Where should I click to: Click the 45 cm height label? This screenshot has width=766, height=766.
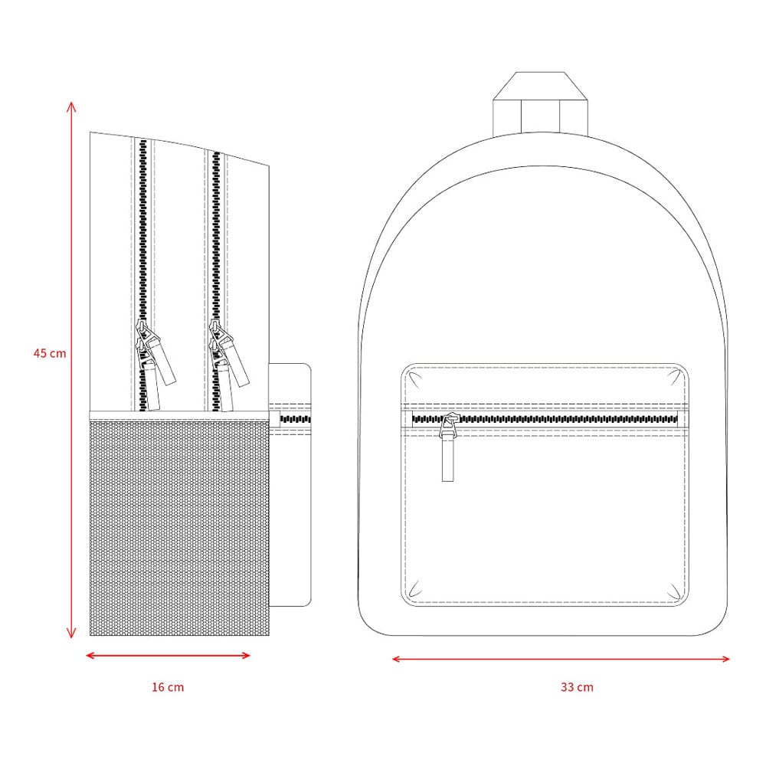point(50,353)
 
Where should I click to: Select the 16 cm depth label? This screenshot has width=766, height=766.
point(168,687)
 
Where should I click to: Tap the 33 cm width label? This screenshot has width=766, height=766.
point(577,687)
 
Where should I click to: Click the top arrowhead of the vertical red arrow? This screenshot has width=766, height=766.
point(71,106)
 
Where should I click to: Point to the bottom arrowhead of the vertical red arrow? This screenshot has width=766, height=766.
point(71,633)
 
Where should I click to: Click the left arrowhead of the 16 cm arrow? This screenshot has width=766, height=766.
point(90,655)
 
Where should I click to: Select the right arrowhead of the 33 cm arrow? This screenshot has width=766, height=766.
point(725,659)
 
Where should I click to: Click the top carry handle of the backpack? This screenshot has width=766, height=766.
point(540,103)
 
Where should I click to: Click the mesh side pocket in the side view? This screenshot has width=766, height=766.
point(179,529)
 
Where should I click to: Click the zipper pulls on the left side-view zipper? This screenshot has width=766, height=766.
point(154,364)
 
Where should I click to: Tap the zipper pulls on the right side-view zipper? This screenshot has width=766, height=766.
point(228,364)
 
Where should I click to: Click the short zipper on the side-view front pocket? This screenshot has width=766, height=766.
point(295,419)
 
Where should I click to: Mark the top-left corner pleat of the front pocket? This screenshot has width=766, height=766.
point(415,378)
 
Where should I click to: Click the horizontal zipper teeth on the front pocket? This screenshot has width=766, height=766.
point(545,419)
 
